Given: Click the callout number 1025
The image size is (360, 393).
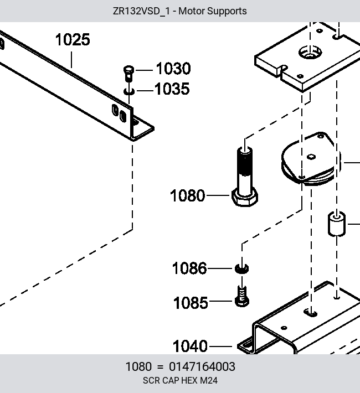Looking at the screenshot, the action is coord(73,40).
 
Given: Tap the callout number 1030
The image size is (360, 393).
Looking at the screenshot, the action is coord(173,69).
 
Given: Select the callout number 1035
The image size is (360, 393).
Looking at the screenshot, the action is coord(172,89).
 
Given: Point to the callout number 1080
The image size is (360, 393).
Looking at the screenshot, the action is coord(187,195).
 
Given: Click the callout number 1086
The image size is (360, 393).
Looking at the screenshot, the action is coord(189,268).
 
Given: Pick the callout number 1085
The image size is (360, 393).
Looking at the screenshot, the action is coord(191,303).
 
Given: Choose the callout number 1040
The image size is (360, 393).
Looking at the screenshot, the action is coord(190,346).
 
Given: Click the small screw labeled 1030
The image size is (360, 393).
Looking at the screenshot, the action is coord(128,73).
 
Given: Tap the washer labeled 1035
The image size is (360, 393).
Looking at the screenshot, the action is coord(129,91).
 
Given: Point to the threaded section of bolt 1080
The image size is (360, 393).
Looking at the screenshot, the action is coord(245,162).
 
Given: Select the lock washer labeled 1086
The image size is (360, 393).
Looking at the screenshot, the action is coord(242,268).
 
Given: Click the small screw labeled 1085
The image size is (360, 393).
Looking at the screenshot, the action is coord(242,297).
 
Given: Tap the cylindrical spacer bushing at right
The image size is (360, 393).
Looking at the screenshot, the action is coord(337,224).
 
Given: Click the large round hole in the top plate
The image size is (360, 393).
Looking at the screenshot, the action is coord(310,53).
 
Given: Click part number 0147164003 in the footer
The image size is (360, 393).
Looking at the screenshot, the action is coord(202,366).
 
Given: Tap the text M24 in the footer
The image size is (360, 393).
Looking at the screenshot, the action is coord(209,380).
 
